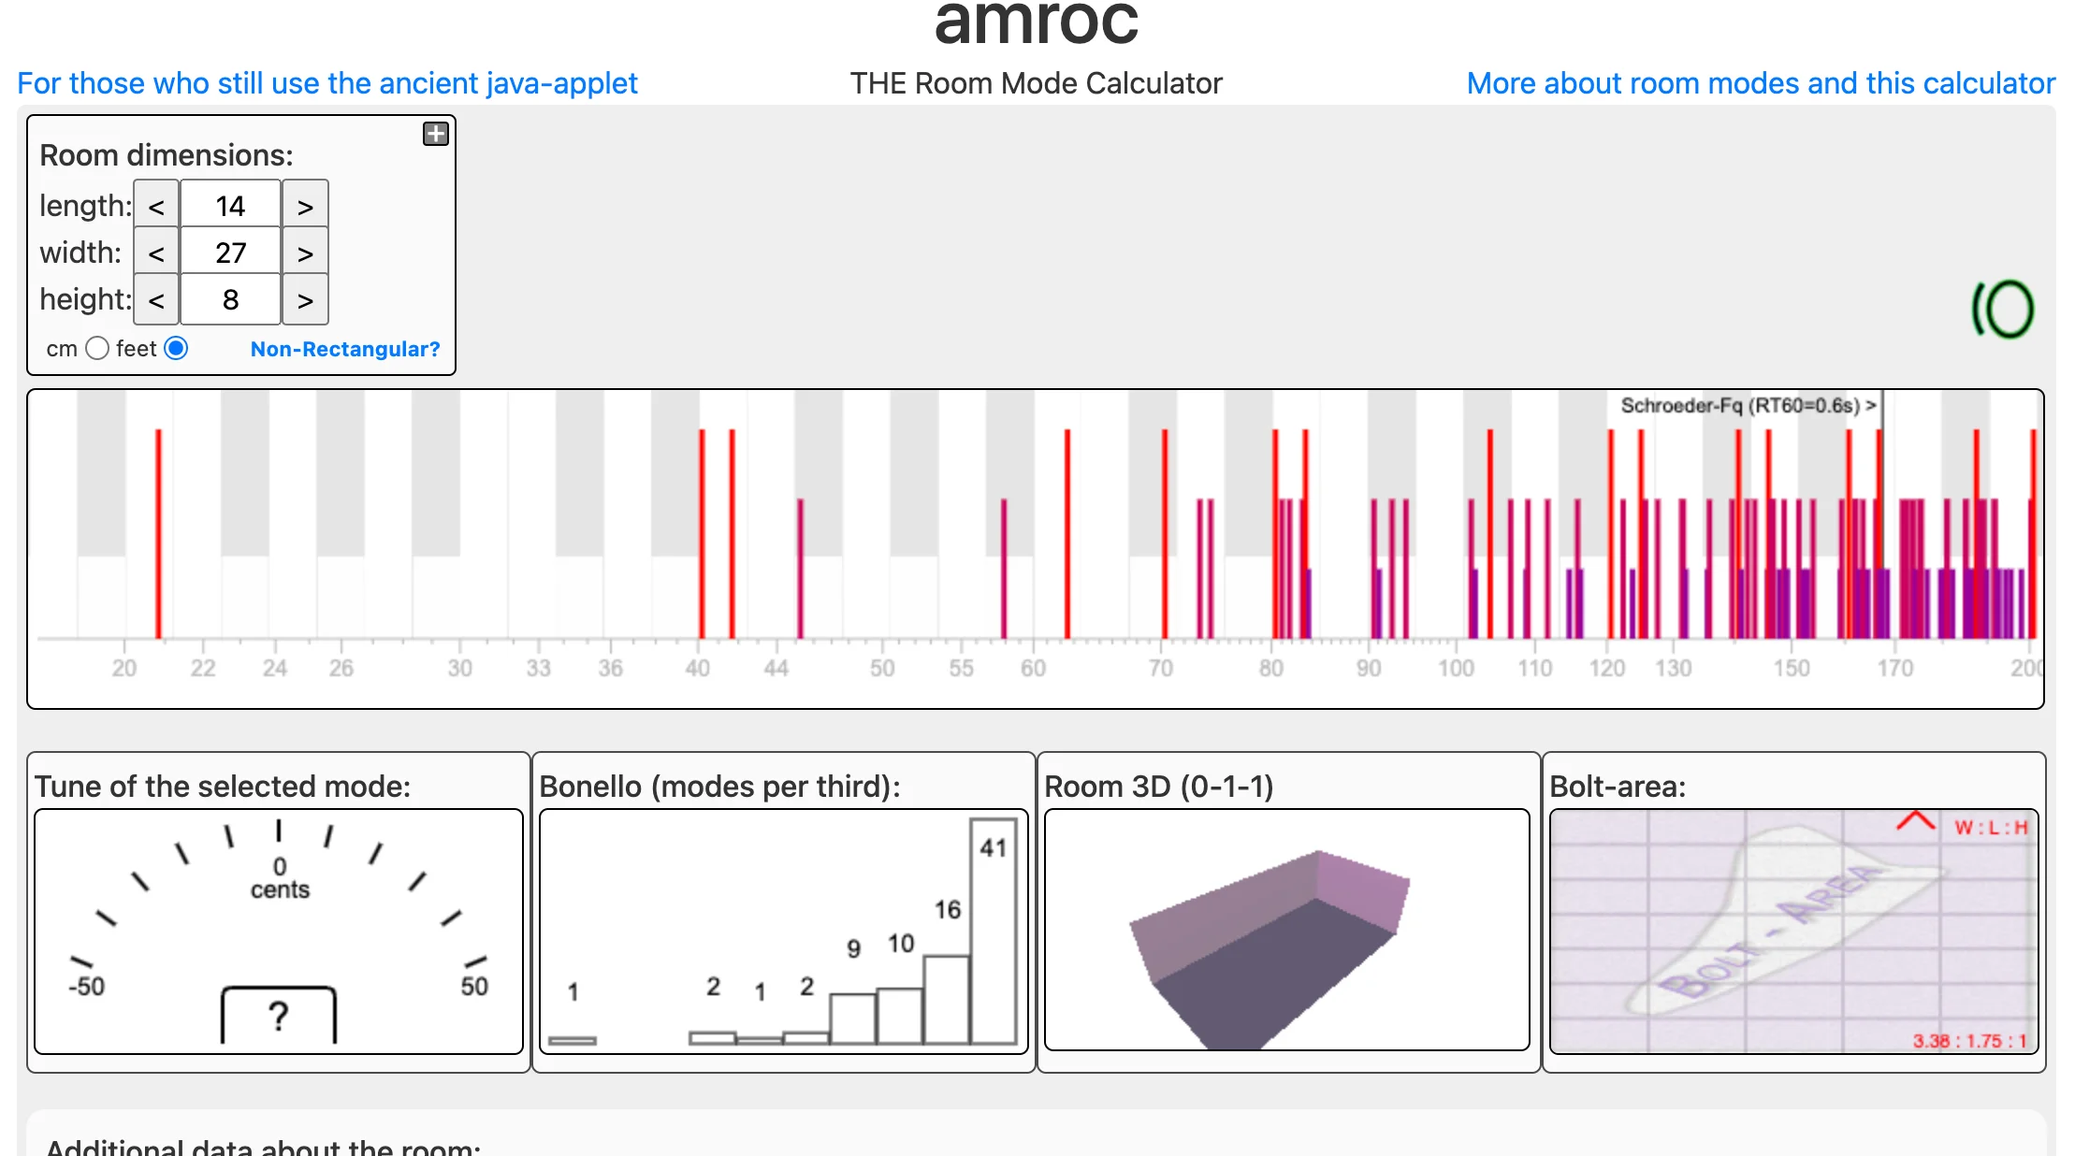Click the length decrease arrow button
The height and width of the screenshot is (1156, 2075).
156,206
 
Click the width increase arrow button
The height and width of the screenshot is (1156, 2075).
305,253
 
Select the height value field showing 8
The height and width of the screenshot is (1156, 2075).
230,299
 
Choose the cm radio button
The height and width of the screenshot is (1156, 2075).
97,349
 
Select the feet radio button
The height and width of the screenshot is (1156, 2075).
176,349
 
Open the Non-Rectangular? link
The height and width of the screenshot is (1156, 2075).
344,349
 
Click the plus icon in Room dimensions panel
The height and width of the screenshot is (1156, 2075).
436,134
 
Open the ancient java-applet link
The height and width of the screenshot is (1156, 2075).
327,83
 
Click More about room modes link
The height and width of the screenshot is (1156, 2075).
1761,83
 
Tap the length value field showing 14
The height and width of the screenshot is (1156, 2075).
230,206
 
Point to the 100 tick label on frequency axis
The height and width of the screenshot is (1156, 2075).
1456,668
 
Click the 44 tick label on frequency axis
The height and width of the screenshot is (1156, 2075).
776,668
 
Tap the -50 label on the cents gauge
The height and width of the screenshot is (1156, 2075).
86,986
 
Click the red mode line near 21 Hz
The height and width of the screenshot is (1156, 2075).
158,533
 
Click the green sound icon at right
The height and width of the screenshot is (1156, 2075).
2003,310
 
